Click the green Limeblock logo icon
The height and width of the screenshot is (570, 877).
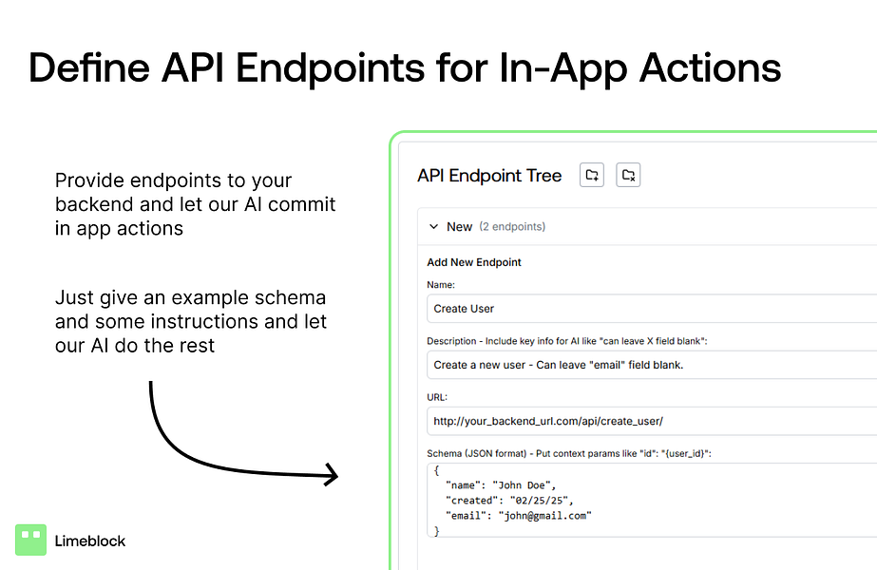(x=30, y=540)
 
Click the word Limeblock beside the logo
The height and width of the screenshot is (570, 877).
(x=90, y=541)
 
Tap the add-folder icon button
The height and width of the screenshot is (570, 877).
(x=592, y=175)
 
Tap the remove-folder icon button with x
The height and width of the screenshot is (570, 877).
(x=628, y=175)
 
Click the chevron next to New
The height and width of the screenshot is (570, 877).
(x=433, y=226)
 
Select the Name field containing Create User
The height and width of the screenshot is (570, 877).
(x=652, y=309)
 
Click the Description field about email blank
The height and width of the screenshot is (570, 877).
(x=652, y=365)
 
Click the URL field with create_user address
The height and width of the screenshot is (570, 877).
(x=652, y=421)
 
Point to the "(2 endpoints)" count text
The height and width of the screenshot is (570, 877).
(x=512, y=226)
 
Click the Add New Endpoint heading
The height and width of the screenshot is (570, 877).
(x=474, y=262)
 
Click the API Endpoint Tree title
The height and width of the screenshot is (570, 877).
(x=489, y=176)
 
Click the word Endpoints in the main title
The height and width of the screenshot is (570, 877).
(x=331, y=68)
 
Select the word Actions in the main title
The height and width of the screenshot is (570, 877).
(x=711, y=68)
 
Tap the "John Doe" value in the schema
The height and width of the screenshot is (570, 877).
(x=522, y=485)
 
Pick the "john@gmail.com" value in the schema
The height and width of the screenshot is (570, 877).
(x=544, y=516)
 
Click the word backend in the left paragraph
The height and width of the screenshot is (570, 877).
(x=94, y=204)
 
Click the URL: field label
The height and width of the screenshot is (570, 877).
(x=437, y=397)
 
